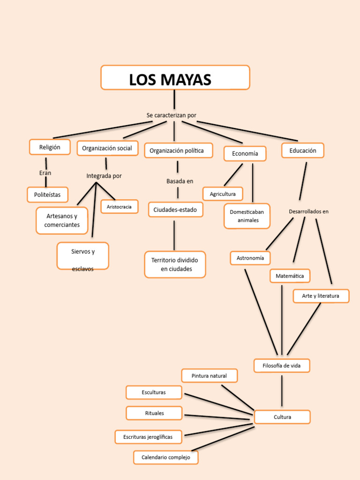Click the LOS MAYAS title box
click(x=175, y=78)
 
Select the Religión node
click(x=50, y=147)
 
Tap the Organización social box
click(x=107, y=148)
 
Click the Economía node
click(x=245, y=154)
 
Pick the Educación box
click(x=302, y=150)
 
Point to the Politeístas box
click(x=47, y=194)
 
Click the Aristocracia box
click(x=119, y=206)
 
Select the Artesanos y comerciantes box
click(x=62, y=220)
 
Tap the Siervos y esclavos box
click(x=83, y=256)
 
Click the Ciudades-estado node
click(x=175, y=210)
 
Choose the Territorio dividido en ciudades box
click(x=175, y=264)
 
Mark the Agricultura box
click(x=223, y=194)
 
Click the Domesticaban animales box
click(x=247, y=216)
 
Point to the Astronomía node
click(x=250, y=258)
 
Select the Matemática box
click(x=290, y=276)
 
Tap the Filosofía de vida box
click(x=282, y=366)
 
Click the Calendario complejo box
click(x=165, y=457)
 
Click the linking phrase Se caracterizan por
click(x=171, y=115)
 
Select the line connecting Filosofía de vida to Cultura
click(x=282, y=391)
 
